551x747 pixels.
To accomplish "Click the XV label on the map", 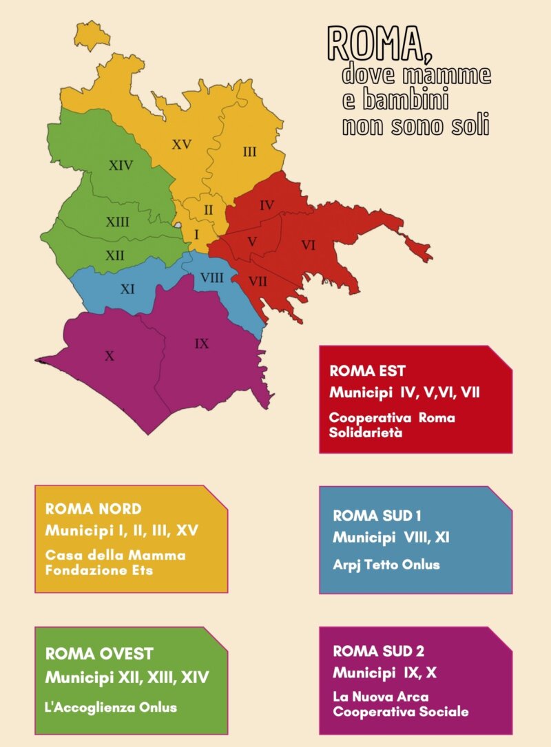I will (182, 145).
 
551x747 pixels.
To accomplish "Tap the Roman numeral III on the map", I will (249, 151).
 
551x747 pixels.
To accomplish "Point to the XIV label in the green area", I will (121, 165).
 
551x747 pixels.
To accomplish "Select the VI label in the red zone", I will (308, 245).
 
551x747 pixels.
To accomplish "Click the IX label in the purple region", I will (201, 343).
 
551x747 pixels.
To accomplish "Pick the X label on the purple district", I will (109, 356).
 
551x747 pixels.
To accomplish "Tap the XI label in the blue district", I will (127, 289).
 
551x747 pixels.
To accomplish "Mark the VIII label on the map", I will (211, 277).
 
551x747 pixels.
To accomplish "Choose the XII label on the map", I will (115, 255).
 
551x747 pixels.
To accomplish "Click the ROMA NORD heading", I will (93, 509).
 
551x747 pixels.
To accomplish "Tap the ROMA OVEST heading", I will (99, 653).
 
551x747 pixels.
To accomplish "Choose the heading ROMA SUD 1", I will (377, 516).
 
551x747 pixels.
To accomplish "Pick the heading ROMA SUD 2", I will (378, 651).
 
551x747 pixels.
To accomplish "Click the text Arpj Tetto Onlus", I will (386, 565).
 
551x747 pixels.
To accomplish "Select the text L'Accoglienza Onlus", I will (111, 707).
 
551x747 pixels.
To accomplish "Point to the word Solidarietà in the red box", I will (365, 433).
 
